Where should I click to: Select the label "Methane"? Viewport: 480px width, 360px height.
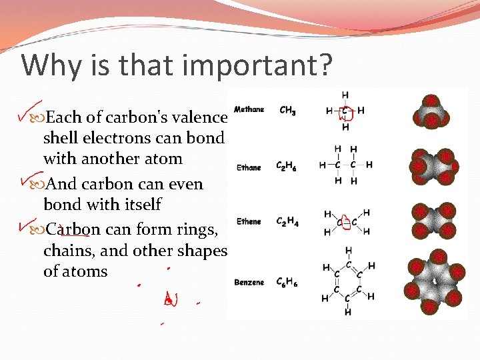[x=249, y=109]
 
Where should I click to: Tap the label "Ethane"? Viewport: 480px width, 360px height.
[x=248, y=167]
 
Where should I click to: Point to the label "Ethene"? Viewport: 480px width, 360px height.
[x=249, y=221]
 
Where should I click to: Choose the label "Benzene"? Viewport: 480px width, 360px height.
[x=249, y=283]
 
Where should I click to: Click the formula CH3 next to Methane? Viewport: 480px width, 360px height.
[x=288, y=110]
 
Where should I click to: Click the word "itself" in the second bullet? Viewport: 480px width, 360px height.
[x=142, y=205]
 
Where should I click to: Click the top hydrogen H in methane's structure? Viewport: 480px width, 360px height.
[x=345, y=95]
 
